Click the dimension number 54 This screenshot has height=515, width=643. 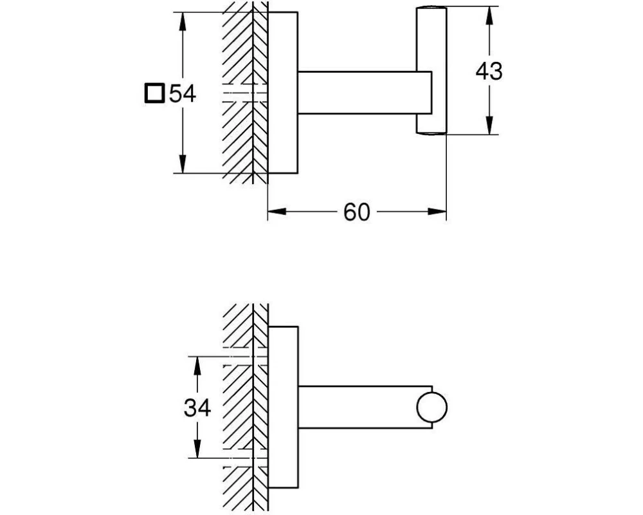click(182, 94)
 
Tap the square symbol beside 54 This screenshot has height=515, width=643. click(154, 94)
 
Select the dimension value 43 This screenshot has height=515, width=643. click(489, 71)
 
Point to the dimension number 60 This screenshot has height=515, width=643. click(356, 212)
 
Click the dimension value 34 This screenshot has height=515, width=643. click(197, 407)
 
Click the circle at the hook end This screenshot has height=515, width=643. click(431, 407)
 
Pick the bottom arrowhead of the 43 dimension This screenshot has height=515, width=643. click(489, 127)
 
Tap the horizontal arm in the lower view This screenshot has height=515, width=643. click(357, 407)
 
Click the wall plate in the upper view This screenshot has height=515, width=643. click(283, 93)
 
